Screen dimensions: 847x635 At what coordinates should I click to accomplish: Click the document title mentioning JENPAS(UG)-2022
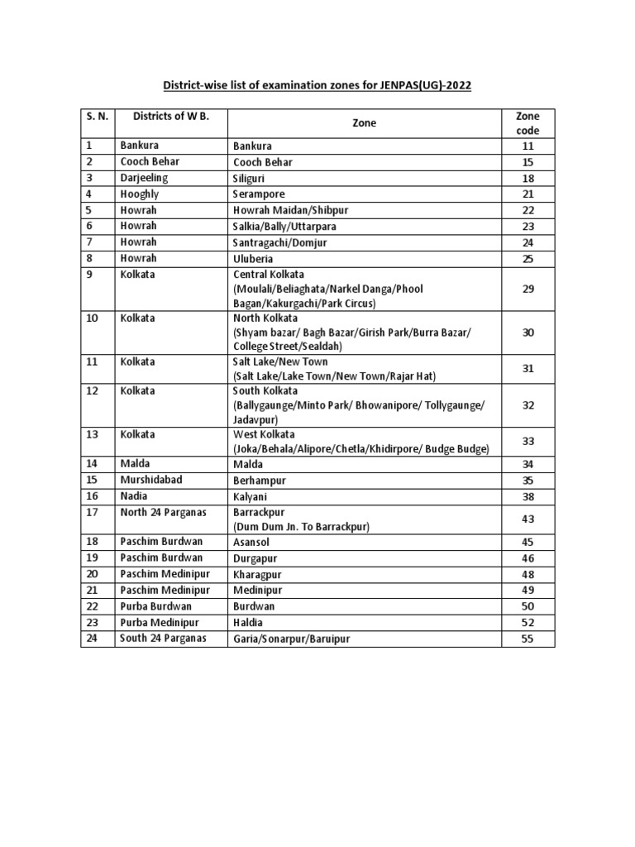point(317,85)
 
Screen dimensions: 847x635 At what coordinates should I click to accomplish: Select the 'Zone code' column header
point(528,122)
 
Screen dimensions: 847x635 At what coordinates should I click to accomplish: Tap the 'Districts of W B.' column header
point(172,116)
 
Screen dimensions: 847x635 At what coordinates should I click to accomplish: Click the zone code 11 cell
point(528,146)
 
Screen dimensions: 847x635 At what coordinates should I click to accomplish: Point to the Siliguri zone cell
point(255,178)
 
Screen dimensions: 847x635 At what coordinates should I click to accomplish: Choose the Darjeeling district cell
point(144,178)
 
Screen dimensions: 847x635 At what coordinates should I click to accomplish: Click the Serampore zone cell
point(260,194)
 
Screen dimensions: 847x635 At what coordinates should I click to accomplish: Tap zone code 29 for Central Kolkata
point(528,289)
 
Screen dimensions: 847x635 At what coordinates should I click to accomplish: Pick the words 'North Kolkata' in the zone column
point(266,318)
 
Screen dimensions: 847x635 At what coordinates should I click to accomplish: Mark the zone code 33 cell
point(528,442)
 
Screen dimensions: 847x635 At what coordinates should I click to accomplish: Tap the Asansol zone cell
point(252,543)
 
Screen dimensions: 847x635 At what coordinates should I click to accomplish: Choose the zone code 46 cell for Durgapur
point(528,559)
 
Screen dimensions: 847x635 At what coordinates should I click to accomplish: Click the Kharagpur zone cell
point(258,575)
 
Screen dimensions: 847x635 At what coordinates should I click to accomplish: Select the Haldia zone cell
point(249,622)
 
